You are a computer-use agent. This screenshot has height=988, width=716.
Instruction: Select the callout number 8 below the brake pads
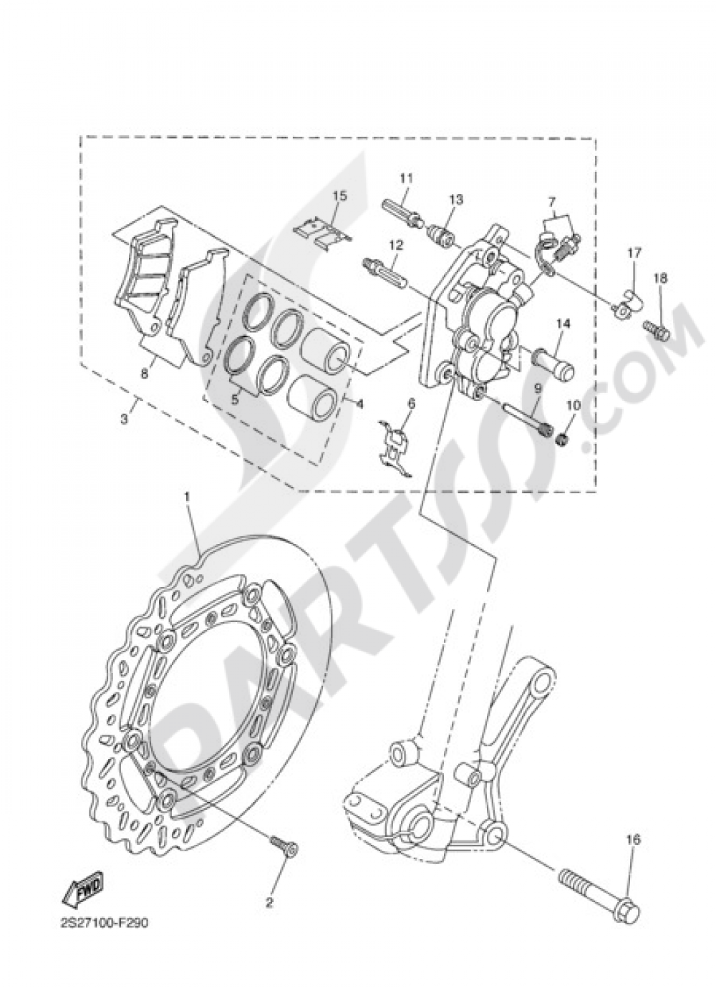coord(145,373)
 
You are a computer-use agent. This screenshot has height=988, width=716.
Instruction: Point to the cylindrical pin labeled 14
coord(556,362)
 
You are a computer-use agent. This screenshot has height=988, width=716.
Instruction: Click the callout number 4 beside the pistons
coord(359,404)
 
